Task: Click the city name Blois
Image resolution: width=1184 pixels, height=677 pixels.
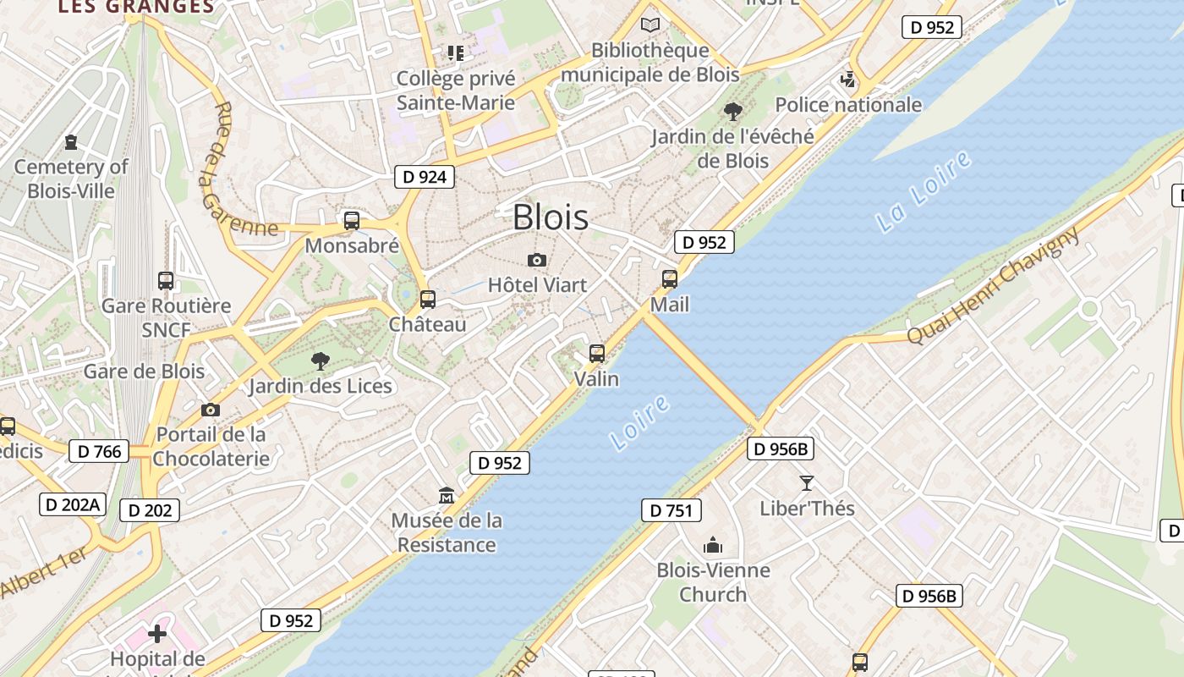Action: tap(551, 217)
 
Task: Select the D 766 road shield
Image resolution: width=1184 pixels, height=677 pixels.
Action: tap(99, 452)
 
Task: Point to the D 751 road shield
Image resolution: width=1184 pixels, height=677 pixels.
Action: tap(671, 510)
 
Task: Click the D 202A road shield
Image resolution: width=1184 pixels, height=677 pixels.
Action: tap(72, 505)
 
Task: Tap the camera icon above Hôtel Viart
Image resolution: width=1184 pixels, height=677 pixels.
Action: tap(536, 260)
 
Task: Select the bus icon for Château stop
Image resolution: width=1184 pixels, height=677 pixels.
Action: tap(428, 299)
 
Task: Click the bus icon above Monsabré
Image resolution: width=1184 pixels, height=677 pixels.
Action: tap(352, 221)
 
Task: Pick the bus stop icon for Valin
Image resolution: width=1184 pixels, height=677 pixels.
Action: tap(597, 354)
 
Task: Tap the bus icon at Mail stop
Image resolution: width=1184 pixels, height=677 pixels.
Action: tap(670, 278)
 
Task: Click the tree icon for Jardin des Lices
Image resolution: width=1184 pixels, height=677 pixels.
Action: tap(320, 361)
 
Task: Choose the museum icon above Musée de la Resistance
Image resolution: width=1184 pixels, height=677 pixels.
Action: tap(447, 495)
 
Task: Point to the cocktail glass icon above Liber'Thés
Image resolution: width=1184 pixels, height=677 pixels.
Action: tap(807, 483)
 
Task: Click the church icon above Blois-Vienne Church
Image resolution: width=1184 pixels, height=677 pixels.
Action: tap(713, 545)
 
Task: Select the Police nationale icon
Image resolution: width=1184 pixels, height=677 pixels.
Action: tap(847, 80)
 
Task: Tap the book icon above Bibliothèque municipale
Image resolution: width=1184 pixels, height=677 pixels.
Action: tap(650, 25)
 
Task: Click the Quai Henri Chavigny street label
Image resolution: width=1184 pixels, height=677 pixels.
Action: tap(994, 285)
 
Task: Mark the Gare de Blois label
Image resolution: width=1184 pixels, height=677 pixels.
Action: tap(144, 372)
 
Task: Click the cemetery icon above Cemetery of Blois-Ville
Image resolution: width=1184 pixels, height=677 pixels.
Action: tap(71, 142)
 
